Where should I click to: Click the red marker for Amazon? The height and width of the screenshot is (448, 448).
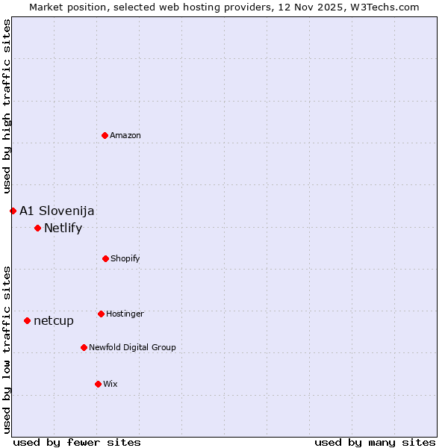[105, 135]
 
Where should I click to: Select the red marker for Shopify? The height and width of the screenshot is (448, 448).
[105, 258]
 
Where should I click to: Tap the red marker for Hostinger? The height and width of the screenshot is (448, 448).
[101, 314]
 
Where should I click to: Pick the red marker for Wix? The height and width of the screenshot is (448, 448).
[98, 384]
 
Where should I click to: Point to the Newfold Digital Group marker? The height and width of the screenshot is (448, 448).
[84, 347]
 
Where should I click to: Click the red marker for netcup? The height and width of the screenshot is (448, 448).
[27, 320]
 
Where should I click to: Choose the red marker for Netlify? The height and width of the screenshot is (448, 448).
[37, 228]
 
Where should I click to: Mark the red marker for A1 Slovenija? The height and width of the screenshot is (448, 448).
[13, 211]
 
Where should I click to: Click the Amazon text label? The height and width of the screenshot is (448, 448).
[125, 135]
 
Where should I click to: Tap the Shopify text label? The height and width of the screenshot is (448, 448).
[125, 258]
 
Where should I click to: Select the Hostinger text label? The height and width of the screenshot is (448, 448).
[125, 314]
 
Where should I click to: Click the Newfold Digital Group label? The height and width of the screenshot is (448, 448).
[132, 347]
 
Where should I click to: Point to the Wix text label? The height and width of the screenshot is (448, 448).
[111, 384]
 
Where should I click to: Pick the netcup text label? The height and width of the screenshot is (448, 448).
[54, 320]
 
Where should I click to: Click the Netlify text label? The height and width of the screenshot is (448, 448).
[63, 228]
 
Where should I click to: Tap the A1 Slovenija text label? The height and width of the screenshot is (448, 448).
[57, 211]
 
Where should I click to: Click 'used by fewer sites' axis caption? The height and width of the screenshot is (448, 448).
[77, 442]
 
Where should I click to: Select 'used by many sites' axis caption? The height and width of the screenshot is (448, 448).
[375, 442]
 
